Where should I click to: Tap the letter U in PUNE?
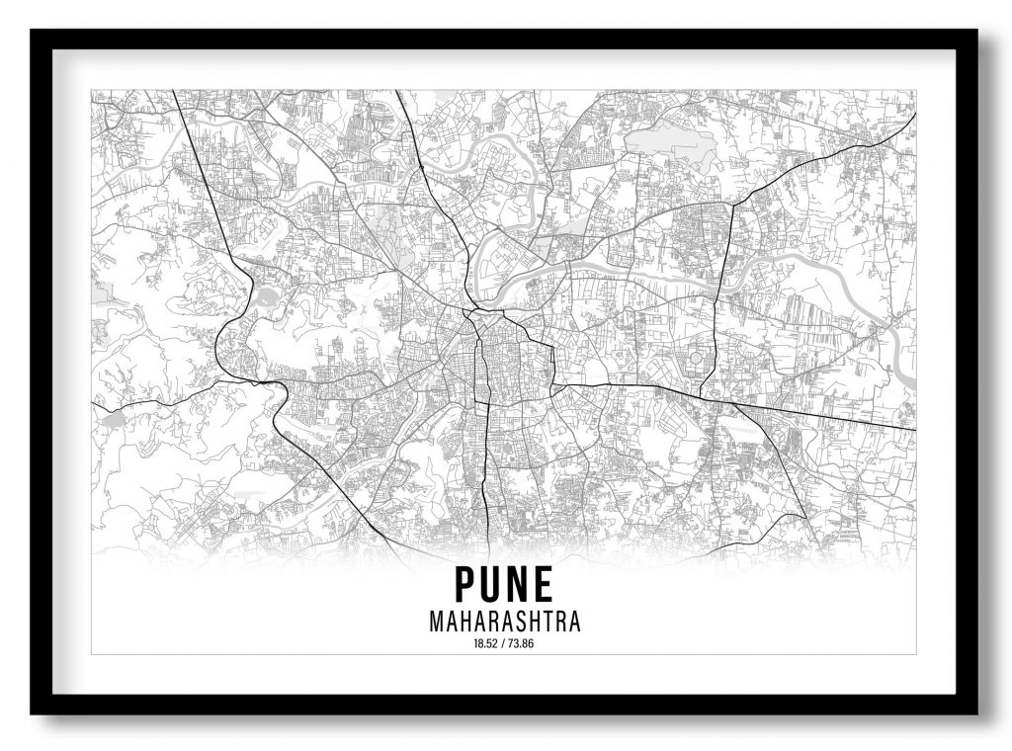492,585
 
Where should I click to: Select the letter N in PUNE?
518,585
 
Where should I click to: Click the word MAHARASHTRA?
504,623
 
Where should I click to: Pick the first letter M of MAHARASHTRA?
437,623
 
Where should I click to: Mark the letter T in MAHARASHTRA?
549,623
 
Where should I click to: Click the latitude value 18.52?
486,644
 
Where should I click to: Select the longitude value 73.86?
521,644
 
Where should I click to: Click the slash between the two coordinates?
504,644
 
